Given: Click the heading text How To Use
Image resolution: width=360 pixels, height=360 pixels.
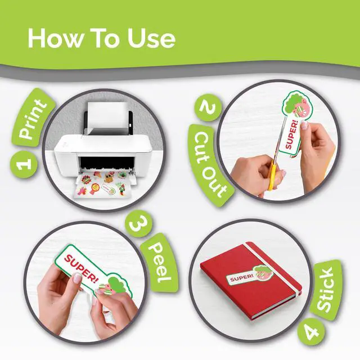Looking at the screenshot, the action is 101,38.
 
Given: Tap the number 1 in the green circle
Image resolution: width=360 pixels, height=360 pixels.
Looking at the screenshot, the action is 24,164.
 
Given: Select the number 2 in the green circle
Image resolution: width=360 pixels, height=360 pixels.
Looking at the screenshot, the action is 208,107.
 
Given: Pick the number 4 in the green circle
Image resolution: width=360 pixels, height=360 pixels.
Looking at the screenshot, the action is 311,332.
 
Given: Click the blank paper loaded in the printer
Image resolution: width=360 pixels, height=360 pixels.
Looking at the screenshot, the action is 107,118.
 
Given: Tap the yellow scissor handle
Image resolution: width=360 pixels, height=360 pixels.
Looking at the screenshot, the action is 272,175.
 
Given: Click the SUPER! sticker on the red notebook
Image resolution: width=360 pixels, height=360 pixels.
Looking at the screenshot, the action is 249,276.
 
